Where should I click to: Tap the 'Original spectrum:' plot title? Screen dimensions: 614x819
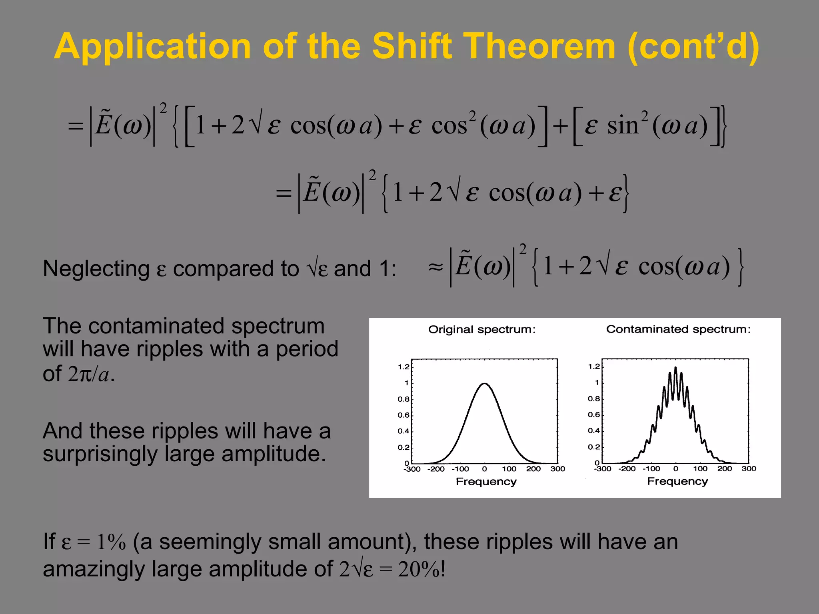pos(482,329)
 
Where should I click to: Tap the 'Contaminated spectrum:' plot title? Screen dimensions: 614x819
pos(679,329)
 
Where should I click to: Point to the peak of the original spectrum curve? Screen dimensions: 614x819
pos(484,384)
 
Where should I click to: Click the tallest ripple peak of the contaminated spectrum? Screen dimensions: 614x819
pos(676,368)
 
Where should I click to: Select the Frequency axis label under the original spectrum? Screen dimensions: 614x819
pos(486,481)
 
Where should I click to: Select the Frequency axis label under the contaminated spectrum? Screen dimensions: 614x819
pos(677,481)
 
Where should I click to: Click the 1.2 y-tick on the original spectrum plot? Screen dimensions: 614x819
pos(404,367)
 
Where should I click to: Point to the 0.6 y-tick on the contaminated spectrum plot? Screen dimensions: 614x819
pos(594,415)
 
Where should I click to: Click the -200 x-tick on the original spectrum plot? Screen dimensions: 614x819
pos(436,469)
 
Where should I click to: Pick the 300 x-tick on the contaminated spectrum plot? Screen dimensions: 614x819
pos(749,468)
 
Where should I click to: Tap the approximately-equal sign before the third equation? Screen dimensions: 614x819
pos(435,267)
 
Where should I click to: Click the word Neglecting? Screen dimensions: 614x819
pos(96,269)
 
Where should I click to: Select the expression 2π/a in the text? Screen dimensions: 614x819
pos(88,374)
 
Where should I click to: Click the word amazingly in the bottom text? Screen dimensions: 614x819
pos(94,569)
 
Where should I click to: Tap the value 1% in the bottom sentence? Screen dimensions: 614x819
pos(112,542)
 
